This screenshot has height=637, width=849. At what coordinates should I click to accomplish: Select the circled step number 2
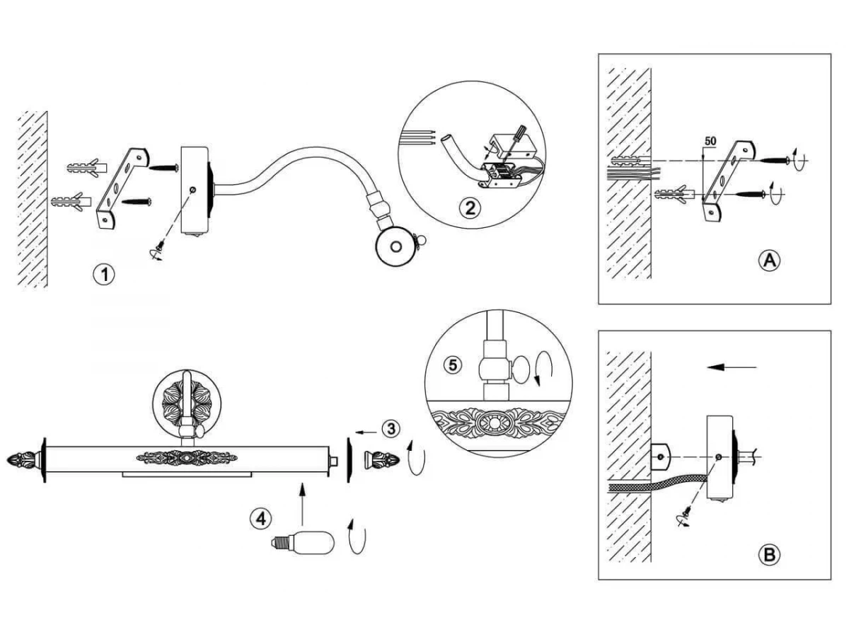coord(470,209)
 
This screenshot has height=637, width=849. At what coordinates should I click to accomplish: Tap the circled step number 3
coord(391,429)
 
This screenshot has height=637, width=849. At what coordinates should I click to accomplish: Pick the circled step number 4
coord(261,519)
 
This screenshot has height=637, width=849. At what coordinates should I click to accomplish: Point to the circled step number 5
coord(453,365)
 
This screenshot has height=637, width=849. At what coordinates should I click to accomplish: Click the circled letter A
coord(769,260)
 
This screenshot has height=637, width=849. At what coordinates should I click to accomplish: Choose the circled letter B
coord(769,556)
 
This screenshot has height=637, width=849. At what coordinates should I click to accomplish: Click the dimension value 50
coord(710,141)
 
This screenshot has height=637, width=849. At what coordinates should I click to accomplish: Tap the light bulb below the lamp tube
coord(303,544)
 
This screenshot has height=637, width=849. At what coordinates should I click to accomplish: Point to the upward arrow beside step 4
coord(302,503)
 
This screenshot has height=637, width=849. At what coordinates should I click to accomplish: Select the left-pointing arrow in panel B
coord(732,367)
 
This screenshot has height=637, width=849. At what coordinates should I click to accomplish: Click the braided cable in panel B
coord(657,486)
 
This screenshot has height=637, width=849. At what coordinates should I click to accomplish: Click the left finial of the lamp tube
coord(24,459)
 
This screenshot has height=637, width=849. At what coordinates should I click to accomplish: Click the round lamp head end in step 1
coord(396,247)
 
